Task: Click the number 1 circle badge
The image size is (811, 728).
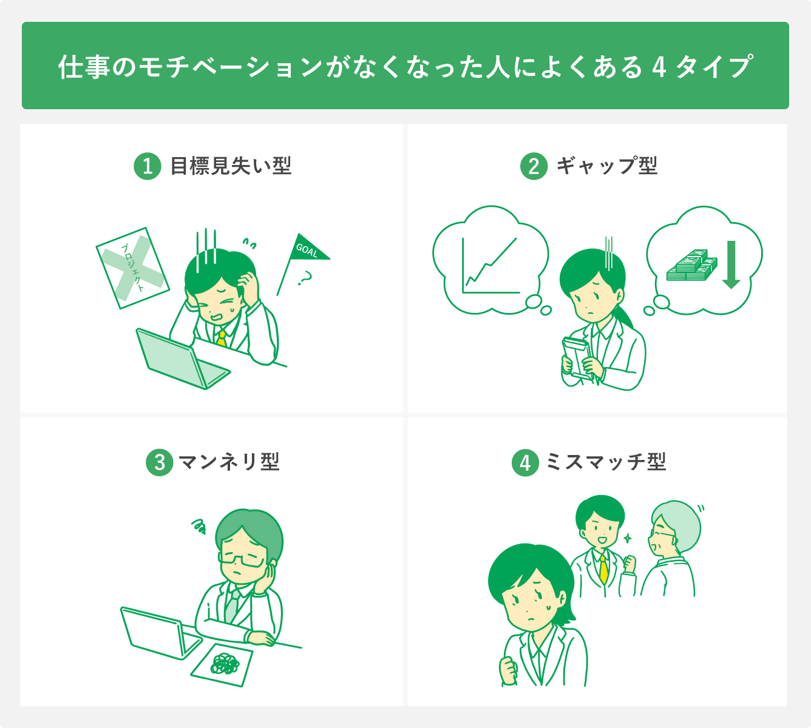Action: pos(148,166)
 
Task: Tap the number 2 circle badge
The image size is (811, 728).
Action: pos(534,166)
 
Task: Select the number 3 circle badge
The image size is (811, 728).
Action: pos(160,463)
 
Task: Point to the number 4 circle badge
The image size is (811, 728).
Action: pos(525,463)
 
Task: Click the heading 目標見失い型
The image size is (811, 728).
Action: pos(231,166)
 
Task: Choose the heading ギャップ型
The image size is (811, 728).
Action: pos(606,166)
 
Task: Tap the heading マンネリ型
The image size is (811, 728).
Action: pos(229,462)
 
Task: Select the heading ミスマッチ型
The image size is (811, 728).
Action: pos(606,462)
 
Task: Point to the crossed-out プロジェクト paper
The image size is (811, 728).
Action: pos(132,268)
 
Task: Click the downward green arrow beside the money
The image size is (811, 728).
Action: pos(731,265)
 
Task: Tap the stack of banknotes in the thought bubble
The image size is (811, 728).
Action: pos(691,266)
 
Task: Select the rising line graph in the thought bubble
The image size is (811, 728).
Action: pos(490,265)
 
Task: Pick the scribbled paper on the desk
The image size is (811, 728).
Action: pos(222,665)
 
